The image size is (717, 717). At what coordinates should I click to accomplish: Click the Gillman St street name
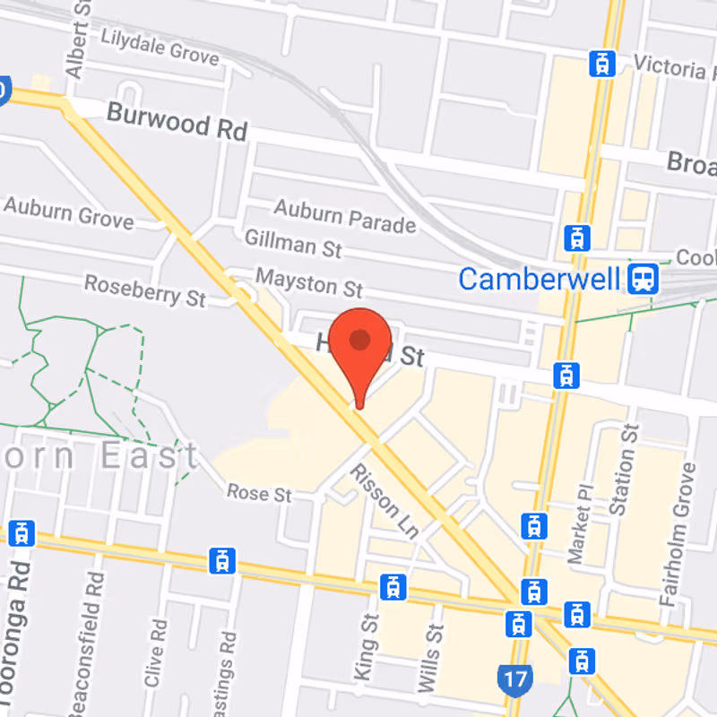293,243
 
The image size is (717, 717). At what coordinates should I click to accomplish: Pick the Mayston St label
309,282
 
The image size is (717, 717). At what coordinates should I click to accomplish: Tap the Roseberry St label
144,289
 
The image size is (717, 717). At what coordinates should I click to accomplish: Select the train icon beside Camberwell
644,279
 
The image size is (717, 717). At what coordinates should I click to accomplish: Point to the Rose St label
259,493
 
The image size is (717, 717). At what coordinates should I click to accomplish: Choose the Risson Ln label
384,502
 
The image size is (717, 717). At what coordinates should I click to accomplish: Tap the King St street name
367,646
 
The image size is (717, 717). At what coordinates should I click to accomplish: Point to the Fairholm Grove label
677,535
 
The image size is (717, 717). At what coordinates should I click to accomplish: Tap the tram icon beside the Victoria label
601,64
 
